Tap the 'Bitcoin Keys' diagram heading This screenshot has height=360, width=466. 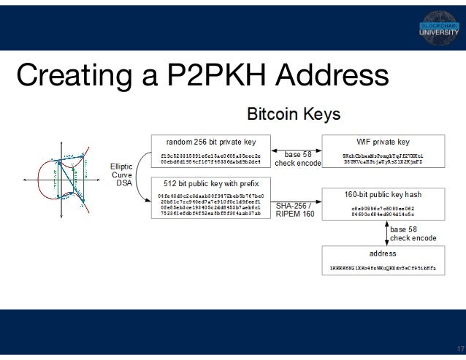(293, 115)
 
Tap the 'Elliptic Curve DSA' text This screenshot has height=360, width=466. (122, 175)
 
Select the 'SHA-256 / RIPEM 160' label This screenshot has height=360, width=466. (295, 210)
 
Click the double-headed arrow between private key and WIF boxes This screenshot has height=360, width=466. (297, 149)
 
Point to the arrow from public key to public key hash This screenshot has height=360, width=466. (297, 199)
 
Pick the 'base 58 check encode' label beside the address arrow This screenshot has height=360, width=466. (413, 234)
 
